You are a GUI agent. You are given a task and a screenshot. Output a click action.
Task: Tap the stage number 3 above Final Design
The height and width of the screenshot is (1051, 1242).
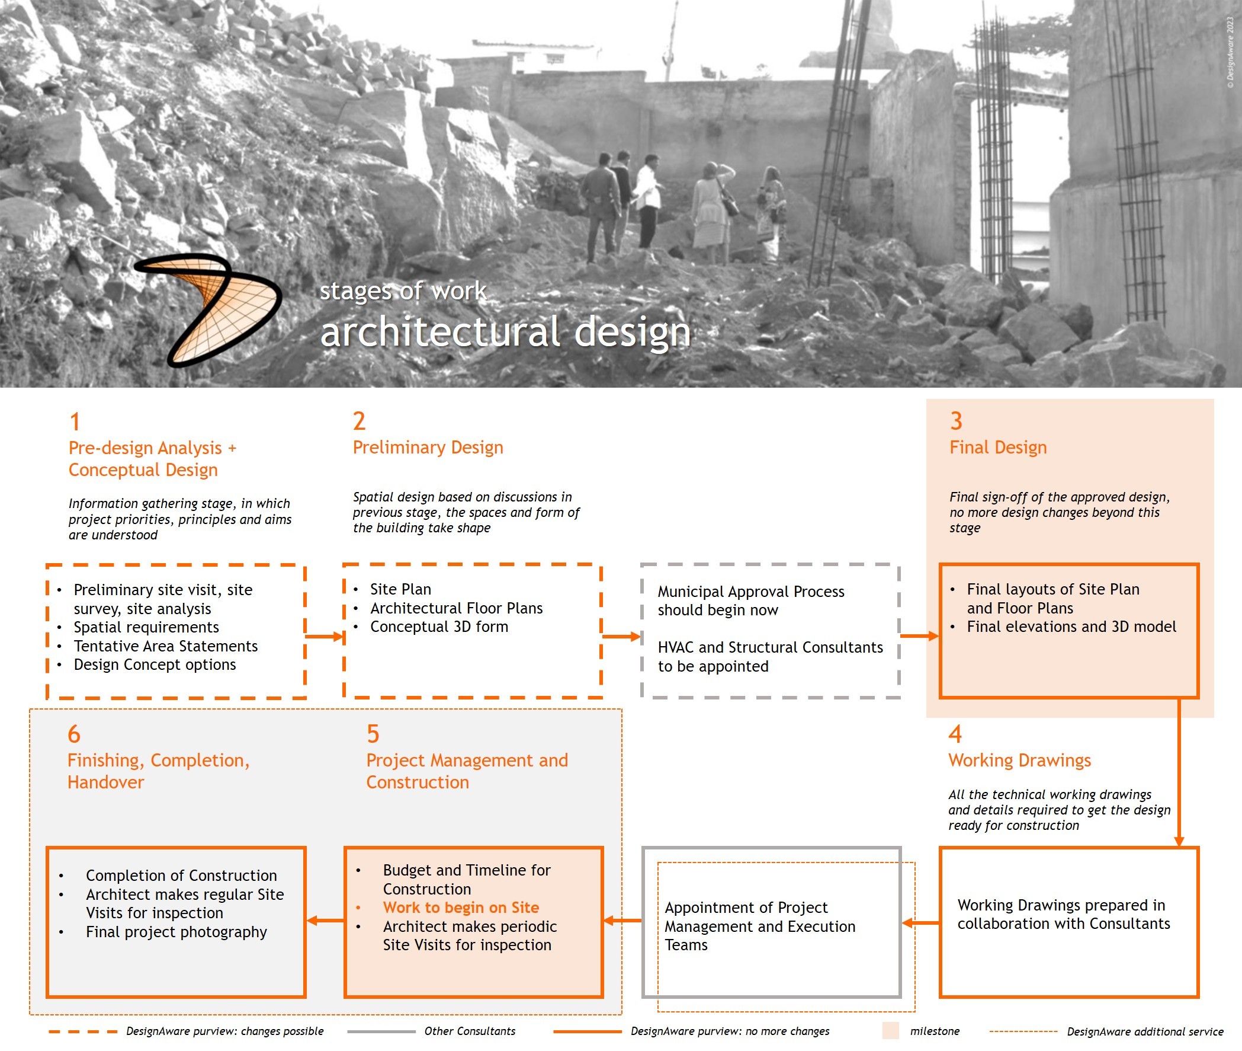point(955,421)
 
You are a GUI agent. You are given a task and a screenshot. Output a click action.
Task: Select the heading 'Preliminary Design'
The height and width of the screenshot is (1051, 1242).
point(428,448)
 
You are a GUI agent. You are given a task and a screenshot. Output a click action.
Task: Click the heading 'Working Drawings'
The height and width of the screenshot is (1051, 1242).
point(1019,761)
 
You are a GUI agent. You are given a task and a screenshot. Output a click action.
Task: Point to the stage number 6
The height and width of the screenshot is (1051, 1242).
point(74,734)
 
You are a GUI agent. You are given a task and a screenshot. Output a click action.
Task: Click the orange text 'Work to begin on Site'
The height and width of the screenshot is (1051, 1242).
point(461,908)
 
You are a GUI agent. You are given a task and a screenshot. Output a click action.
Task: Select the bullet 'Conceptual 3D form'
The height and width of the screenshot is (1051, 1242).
point(439,627)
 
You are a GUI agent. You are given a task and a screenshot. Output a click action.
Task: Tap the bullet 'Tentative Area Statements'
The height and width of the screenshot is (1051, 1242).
point(165,646)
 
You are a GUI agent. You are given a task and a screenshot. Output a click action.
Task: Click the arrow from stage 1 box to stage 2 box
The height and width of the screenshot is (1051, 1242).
point(325,636)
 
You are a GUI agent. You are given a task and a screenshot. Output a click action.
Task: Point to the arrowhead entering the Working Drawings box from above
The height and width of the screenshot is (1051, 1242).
point(1178,841)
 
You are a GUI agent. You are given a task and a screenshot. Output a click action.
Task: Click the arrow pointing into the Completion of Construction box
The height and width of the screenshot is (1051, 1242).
point(325,921)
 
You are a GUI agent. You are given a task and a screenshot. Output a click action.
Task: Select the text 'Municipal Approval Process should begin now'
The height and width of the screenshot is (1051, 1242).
point(750,600)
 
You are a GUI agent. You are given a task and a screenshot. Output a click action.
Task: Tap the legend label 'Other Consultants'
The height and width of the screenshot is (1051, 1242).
point(470,1031)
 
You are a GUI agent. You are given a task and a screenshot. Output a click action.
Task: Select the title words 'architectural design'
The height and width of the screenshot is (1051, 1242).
point(505,332)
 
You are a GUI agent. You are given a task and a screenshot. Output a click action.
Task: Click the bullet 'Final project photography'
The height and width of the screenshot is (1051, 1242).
point(176,932)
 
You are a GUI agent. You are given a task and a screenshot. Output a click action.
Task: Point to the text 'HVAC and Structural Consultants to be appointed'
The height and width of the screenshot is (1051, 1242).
point(770,657)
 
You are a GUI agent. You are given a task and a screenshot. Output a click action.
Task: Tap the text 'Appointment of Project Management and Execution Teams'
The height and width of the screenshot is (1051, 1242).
point(760,926)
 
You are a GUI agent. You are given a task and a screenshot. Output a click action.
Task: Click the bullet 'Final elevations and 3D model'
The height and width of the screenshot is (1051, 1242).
point(1071,627)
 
